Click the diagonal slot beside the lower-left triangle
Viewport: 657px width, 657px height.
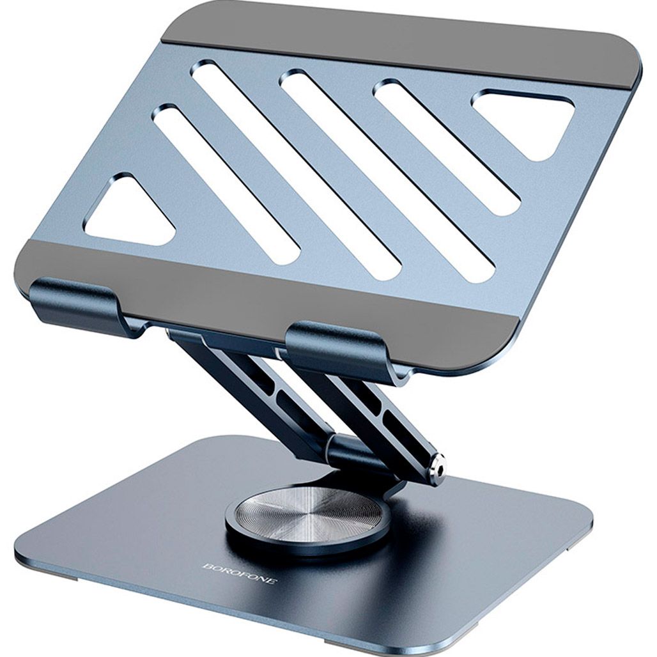[226, 184]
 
